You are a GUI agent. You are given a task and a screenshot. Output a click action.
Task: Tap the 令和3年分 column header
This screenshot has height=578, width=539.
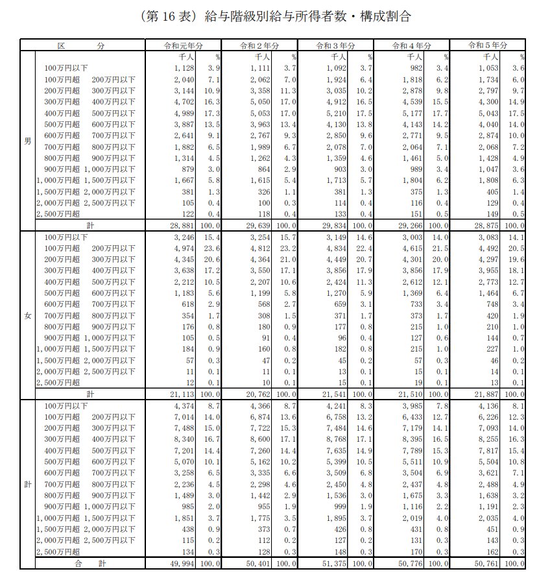335,46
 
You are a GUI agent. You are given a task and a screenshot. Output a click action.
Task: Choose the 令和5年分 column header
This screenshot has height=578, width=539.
487,46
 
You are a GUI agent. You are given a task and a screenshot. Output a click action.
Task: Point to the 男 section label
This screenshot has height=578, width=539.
27,141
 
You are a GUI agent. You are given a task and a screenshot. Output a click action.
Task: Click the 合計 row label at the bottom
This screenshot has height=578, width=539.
85,562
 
